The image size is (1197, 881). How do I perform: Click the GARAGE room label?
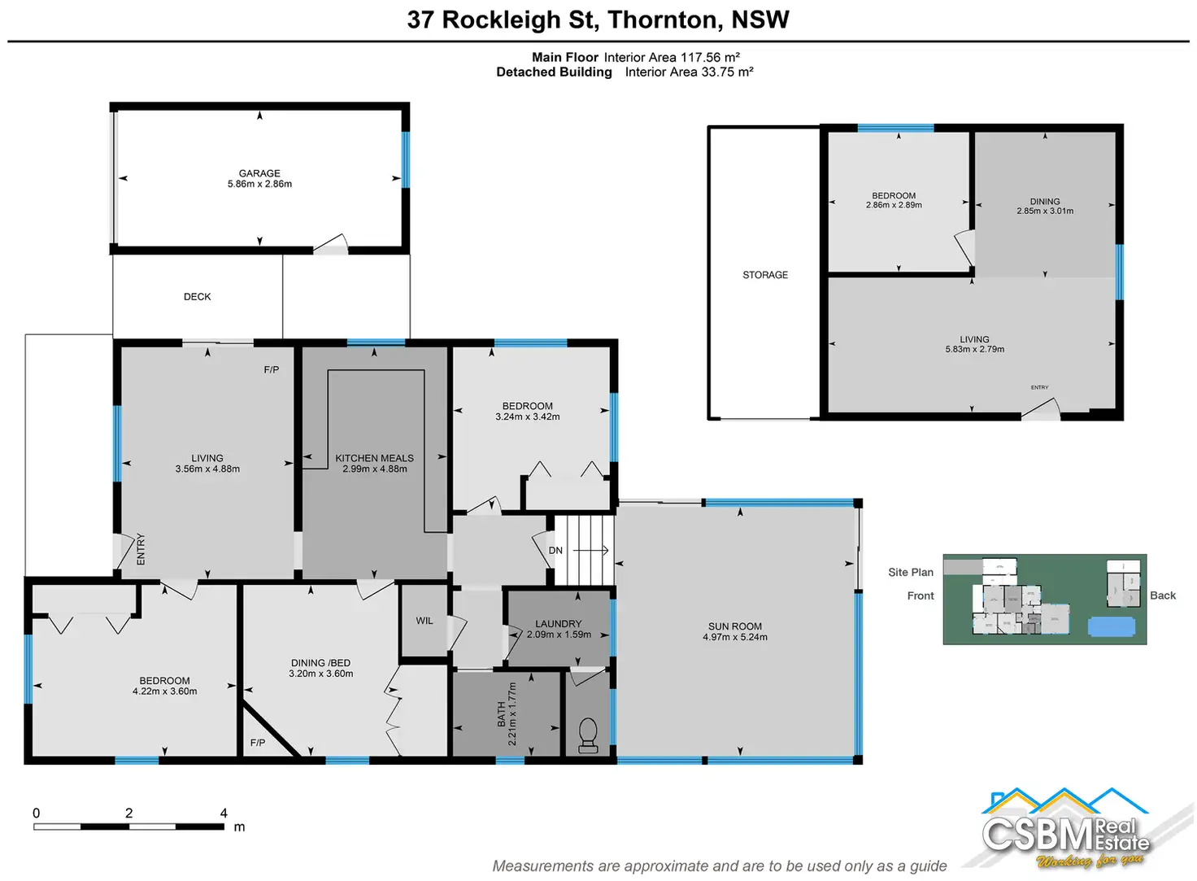point(259,173)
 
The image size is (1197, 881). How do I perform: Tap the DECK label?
point(198,297)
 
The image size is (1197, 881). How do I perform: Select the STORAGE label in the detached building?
point(765,275)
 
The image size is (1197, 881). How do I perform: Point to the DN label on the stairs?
point(555,551)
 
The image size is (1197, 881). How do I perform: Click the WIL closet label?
point(424,621)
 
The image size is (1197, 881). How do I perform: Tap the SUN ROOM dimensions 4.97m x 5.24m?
point(735,637)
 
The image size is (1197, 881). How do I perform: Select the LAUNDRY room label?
point(559,624)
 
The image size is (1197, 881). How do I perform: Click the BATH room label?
point(502,716)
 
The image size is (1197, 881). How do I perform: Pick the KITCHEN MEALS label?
point(375,458)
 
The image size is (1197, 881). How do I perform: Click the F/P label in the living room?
point(272,370)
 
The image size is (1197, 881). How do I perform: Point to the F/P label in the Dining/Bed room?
point(258,743)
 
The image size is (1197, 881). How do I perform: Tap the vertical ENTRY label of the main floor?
point(141,549)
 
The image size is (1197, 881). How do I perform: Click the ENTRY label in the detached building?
point(1039,387)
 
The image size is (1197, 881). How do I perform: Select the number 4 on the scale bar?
point(224,813)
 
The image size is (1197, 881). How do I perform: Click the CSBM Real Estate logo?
point(1065,830)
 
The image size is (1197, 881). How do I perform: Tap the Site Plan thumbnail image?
point(1044,600)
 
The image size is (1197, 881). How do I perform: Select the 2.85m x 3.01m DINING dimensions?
point(1045,212)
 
